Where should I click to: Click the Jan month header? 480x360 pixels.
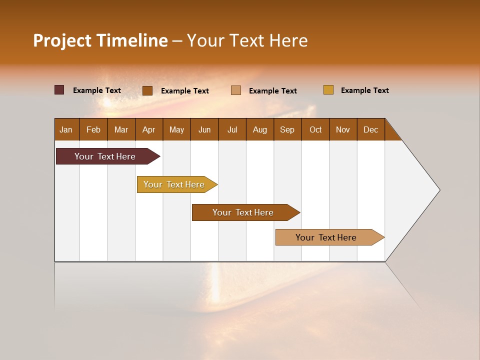[x=66, y=129]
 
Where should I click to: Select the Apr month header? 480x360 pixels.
[x=149, y=129]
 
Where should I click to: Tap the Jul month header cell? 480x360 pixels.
[x=232, y=129]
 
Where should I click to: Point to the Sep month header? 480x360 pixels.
[x=287, y=129]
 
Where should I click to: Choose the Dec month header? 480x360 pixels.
[x=371, y=129]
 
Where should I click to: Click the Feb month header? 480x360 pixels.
[x=93, y=129]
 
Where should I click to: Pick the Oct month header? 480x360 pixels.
[x=315, y=129]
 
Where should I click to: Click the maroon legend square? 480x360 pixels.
[x=59, y=90]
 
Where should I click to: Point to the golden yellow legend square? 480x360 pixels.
[x=328, y=90]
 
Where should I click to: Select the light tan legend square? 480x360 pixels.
[x=236, y=90]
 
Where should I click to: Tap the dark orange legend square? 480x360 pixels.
[x=147, y=90]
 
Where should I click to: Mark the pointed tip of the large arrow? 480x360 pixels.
[x=438, y=189]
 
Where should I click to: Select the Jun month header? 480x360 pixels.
[x=204, y=129]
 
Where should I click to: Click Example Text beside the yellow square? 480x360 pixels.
[x=364, y=90]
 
